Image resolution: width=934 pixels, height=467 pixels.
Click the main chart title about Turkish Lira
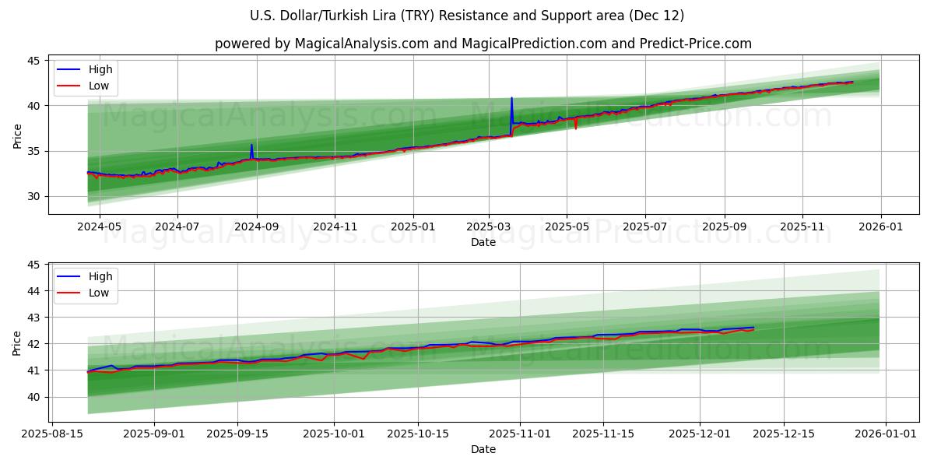pos(467,16)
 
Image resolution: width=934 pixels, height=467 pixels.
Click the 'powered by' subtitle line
pos(483,44)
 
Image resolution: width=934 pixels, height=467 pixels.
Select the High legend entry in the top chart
pos(100,69)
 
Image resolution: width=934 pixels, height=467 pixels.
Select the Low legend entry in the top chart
pos(99,86)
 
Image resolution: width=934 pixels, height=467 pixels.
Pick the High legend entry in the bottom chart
pos(100,276)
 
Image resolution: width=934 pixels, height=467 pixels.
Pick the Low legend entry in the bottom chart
pos(99,293)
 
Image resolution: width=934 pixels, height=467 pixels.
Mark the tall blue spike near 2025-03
pos(511,99)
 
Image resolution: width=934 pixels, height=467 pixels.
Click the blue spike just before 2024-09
pos(251,145)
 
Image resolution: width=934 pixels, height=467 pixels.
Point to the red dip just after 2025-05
pos(576,128)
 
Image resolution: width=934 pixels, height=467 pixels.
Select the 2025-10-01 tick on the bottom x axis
pos(334,432)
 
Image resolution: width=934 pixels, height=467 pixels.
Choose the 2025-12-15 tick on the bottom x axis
pos(784,432)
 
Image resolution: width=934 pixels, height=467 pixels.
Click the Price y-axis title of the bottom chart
pos(17,342)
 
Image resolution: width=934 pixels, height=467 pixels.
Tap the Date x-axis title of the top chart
pos(483,242)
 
